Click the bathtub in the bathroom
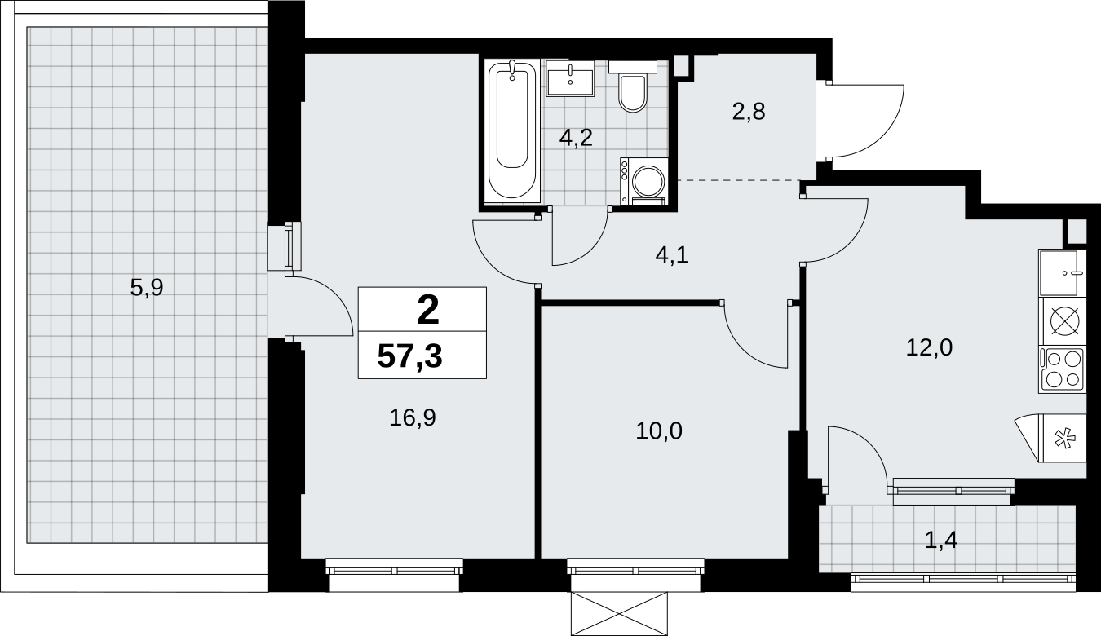pos(512,131)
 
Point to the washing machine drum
pos(648,181)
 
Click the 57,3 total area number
pos(410,356)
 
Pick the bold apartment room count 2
pos(427,311)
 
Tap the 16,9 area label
pos(413,417)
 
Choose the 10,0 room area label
pos(659,431)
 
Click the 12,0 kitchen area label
pos(929,347)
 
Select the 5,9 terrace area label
pos(147,287)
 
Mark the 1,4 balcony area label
pos(941,540)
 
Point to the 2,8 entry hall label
pos(749,112)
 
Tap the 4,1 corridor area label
pos(672,255)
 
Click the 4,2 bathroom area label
pos(576,138)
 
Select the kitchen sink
pos(1062,273)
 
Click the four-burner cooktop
pos(1062,369)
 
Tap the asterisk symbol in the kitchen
pos(1064,439)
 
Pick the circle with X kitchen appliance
pos(1064,321)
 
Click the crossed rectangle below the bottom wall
pos(619,613)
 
